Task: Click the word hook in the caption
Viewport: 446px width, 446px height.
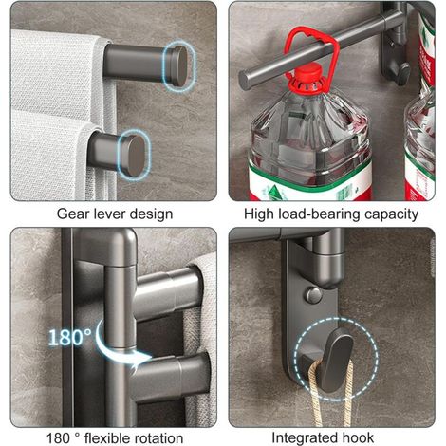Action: coord(358,437)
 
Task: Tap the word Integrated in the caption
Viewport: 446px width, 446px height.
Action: coord(305,438)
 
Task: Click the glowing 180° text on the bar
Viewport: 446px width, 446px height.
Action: coord(69,337)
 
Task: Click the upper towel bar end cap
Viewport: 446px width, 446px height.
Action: coord(177,66)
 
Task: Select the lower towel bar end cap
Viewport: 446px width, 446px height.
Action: coord(135,156)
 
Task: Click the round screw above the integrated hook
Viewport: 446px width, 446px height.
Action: coord(313,295)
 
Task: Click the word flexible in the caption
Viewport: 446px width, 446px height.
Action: coord(105,438)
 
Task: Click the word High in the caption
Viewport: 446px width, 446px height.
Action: coord(259,214)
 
